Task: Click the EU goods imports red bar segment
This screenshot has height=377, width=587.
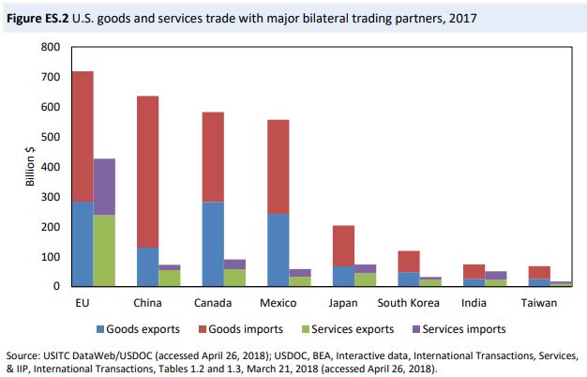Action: [83, 136]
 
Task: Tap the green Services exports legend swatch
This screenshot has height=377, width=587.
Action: [325, 329]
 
